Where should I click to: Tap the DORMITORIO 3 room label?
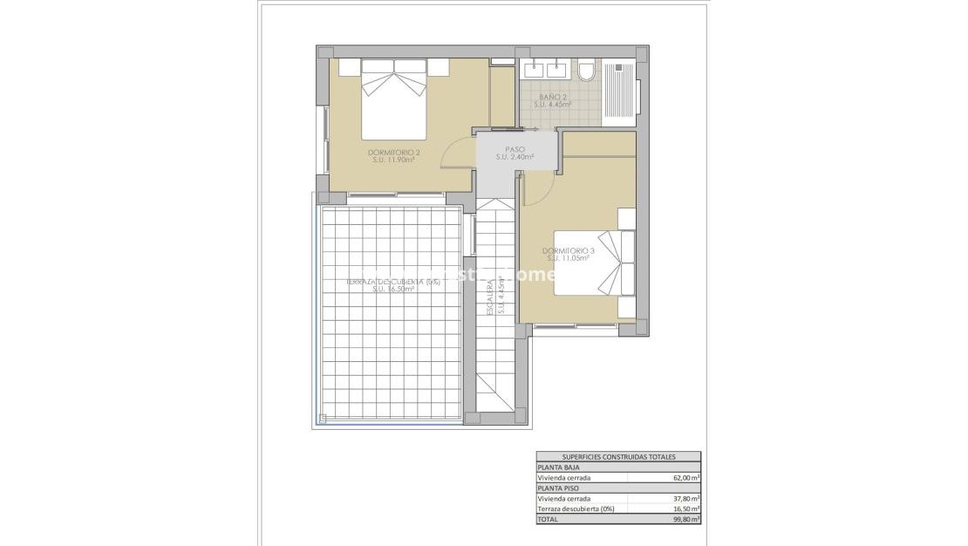(568, 251)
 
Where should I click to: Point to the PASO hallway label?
(515, 149)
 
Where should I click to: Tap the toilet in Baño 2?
(586, 70)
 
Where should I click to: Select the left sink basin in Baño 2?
(533, 67)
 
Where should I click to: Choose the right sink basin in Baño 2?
(557, 67)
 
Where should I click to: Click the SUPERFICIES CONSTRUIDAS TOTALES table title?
(617, 457)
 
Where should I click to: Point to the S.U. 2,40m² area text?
(515, 157)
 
